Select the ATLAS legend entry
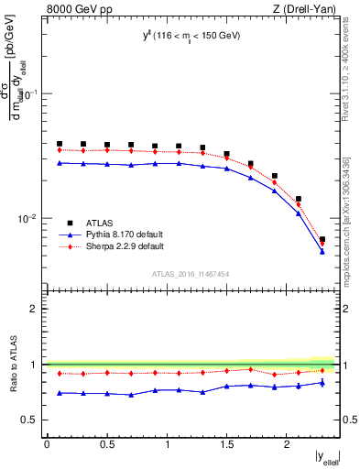[75, 223]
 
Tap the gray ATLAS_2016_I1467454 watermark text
[190, 273]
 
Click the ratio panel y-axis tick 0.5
[32, 420]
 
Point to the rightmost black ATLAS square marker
[322, 240]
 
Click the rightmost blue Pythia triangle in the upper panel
[322, 251]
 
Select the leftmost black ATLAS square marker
[60, 144]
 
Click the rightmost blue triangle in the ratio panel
[322, 383]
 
